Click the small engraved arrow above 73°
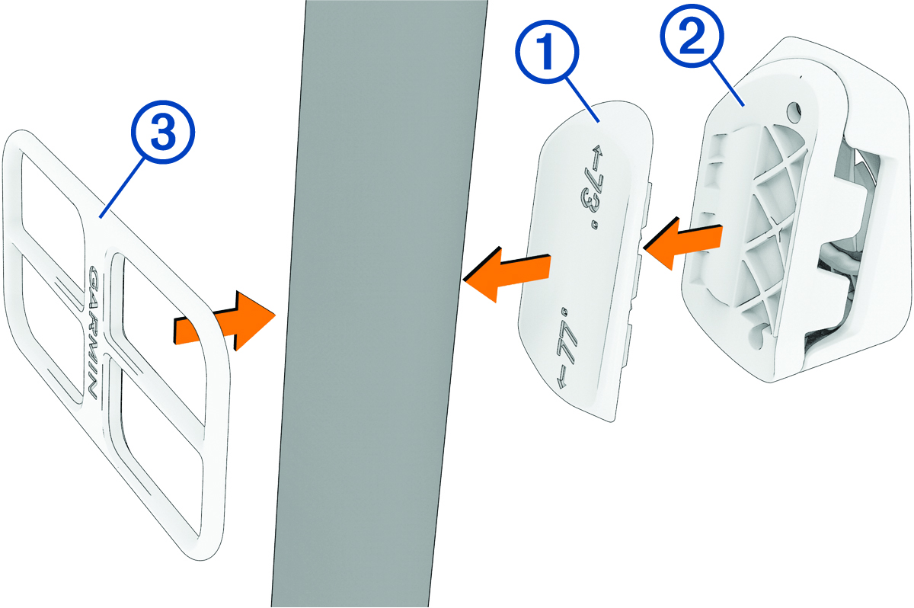tap(596, 157)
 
